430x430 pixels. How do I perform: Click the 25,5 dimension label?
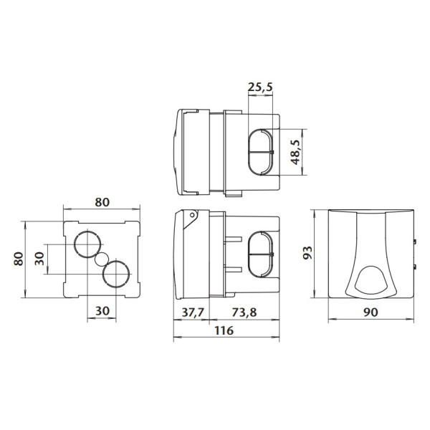[x=260, y=87]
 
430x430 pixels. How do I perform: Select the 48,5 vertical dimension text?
[x=295, y=152]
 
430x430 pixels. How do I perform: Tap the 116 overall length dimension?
[x=224, y=330]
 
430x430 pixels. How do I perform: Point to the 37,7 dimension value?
[x=193, y=312]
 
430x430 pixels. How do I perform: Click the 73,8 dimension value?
[x=244, y=312]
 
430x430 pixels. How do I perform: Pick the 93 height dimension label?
[x=307, y=252]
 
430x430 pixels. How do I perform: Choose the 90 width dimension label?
[x=371, y=312]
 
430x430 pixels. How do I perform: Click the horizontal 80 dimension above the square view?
[x=102, y=202]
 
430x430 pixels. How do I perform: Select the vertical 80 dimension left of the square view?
[x=19, y=259]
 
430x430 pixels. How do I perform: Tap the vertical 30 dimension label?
[x=39, y=259]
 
